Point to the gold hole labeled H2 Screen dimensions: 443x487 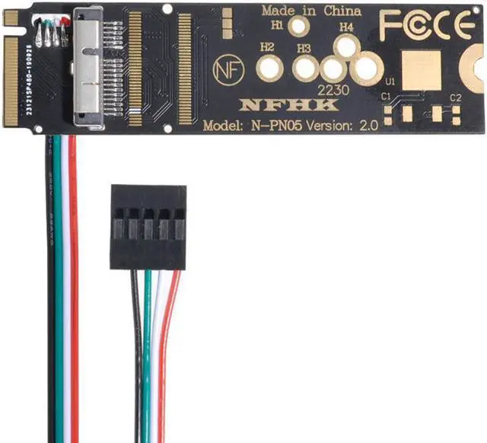tap(269, 69)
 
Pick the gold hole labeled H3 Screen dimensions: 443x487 tap(305, 69)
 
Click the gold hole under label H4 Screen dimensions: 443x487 tap(346, 46)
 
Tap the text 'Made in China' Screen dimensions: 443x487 tap(311, 11)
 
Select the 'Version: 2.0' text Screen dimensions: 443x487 tap(343, 126)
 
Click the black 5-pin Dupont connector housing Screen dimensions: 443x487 tap(148, 226)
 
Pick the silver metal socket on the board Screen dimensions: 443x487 tap(88, 66)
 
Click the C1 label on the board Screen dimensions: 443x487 tap(386, 97)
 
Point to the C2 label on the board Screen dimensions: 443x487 tap(456, 97)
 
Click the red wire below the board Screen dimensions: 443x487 tap(74, 289)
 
